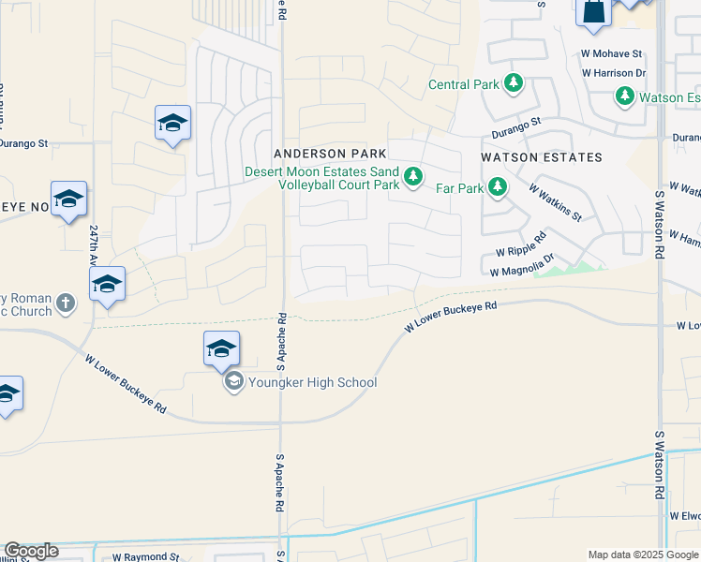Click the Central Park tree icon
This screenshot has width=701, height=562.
click(513, 84)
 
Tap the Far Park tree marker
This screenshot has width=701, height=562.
click(498, 187)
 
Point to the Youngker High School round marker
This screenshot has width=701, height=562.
click(232, 381)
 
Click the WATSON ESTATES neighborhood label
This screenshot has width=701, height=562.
click(541, 157)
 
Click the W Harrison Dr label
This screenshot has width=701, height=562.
click(614, 72)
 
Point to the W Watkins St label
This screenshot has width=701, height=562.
click(555, 202)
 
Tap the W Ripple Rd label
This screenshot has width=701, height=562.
click(521, 250)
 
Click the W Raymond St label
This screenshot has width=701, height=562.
click(145, 556)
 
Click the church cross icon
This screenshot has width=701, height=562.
click(65, 303)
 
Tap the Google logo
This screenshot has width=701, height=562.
click(31, 551)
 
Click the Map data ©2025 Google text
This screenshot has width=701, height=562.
click(642, 555)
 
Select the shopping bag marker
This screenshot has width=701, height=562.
click(594, 12)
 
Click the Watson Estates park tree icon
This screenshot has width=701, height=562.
click(625, 96)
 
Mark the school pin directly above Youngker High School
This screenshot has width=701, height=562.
click(221, 348)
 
